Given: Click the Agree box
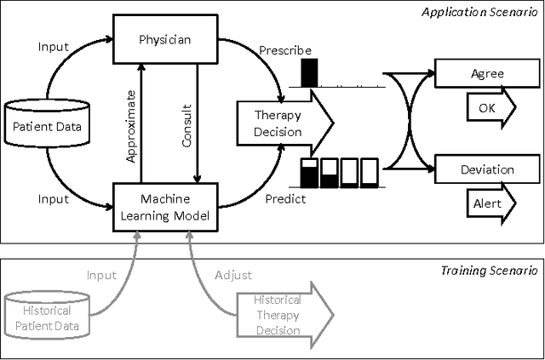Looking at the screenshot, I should pyautogui.click(x=486, y=73).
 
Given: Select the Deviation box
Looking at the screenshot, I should pyautogui.click(x=486, y=169).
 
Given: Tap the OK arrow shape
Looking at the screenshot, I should pyautogui.click(x=490, y=108).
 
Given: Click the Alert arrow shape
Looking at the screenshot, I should pyautogui.click(x=490, y=204).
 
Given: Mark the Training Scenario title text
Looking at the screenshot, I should pyautogui.click(x=489, y=270).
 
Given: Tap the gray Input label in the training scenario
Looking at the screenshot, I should pyautogui.click(x=102, y=276).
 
